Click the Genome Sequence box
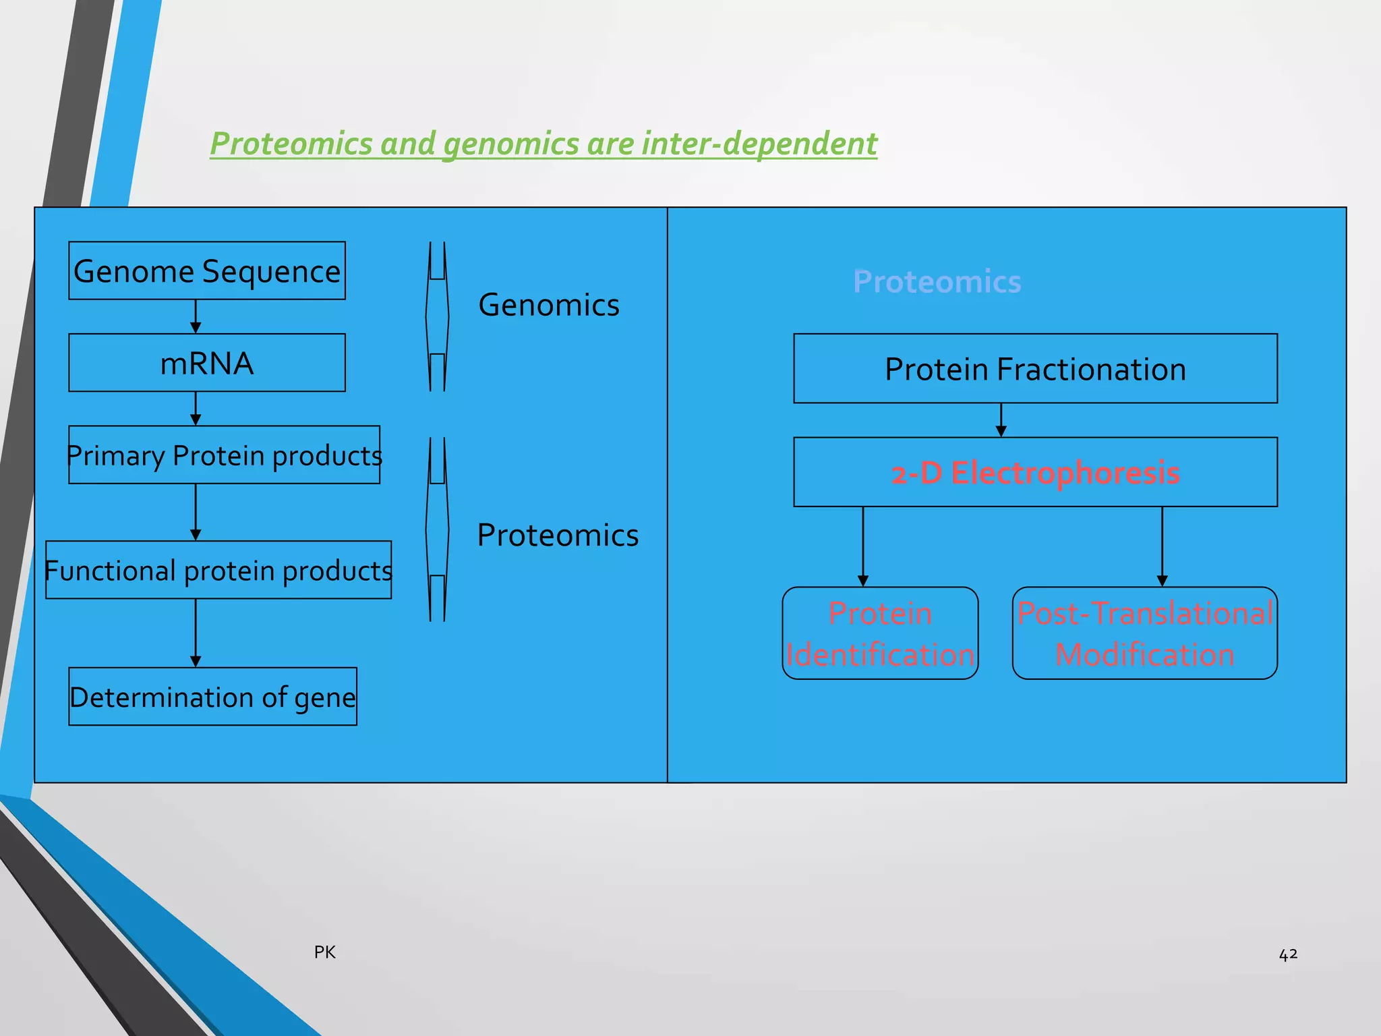pos(206,270)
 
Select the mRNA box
pos(206,363)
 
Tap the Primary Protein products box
pos(224,455)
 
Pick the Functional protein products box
pos(218,570)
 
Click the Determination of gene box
pos(212,697)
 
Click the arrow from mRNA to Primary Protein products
pos(196,409)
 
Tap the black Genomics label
pos(548,305)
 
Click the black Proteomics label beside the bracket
pos(557,535)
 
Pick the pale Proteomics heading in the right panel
pos(937,281)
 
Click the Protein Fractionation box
pos(1035,369)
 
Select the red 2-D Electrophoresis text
pos(1035,473)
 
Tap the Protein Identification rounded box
pos(880,633)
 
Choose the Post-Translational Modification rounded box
pos(1144,633)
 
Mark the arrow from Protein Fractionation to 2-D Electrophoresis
pos(1001,420)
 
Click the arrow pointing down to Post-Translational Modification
pos(1162,546)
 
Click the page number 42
pos(1288,954)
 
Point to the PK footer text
pos(324,952)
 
